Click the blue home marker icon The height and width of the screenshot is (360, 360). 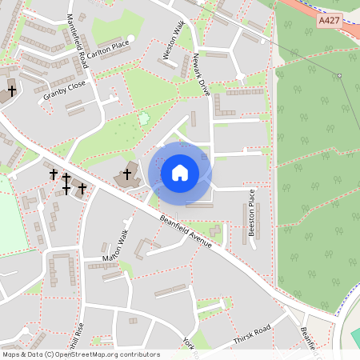179,172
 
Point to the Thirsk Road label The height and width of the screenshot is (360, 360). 254,334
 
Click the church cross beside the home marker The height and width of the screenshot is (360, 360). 127,173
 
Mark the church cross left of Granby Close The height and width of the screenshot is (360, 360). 11,91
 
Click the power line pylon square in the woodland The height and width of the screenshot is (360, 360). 339,76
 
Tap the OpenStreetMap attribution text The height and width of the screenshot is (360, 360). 80,354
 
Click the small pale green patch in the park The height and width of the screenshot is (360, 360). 144,118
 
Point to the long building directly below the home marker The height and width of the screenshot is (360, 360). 199,206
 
